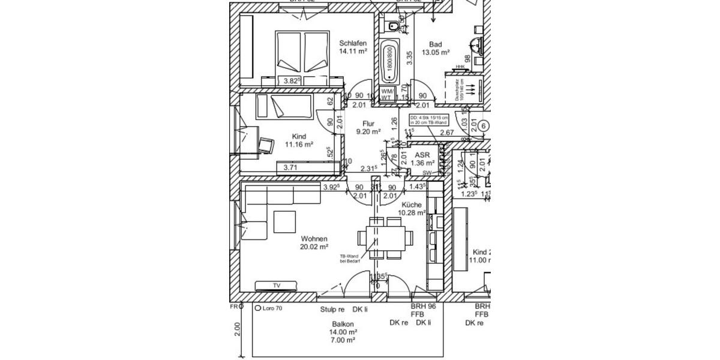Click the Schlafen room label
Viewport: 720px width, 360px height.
pyautogui.click(x=352, y=47)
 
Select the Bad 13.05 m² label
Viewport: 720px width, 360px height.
pyautogui.click(x=436, y=48)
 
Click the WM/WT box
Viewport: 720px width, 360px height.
pyautogui.click(x=387, y=94)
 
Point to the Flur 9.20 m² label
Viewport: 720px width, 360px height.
pyautogui.click(x=368, y=127)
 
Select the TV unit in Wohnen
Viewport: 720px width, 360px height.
pyautogui.click(x=277, y=286)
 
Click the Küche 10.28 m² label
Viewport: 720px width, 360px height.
pyautogui.click(x=412, y=208)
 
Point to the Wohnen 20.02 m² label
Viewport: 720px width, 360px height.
pyautogui.click(x=314, y=242)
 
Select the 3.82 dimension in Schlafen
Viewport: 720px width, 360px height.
pyautogui.click(x=292, y=81)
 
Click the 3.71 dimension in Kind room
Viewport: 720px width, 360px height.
pyautogui.click(x=290, y=167)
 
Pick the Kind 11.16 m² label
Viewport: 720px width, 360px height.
pyautogui.click(x=299, y=140)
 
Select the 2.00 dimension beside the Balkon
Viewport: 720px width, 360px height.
pyautogui.click(x=237, y=329)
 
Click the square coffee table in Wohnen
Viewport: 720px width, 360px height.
pyautogui.click(x=286, y=221)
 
